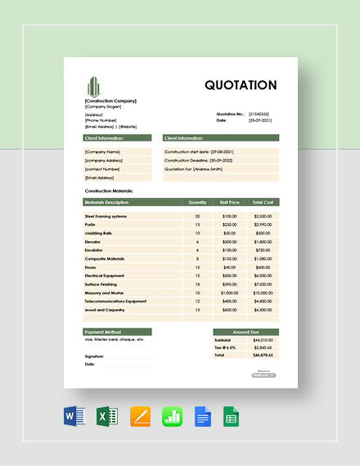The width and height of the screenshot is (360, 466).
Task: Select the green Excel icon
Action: click(x=107, y=417)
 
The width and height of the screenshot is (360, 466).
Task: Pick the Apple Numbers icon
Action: click(x=172, y=417)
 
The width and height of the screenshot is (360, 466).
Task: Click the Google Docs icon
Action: click(x=204, y=417)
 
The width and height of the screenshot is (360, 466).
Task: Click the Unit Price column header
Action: click(x=229, y=201)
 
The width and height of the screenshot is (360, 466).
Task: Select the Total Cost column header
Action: click(x=263, y=201)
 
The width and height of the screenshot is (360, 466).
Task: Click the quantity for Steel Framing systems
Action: click(x=197, y=216)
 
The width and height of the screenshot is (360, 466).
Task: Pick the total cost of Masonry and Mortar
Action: click(x=263, y=293)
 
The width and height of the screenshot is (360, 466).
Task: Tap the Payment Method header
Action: click(x=103, y=332)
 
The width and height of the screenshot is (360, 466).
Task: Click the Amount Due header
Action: click(x=245, y=332)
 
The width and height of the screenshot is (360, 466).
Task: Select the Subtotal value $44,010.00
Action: click(x=262, y=340)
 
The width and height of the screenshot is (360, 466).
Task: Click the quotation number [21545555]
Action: click(x=259, y=114)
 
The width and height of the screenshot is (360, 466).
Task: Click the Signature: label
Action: click(x=94, y=356)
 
